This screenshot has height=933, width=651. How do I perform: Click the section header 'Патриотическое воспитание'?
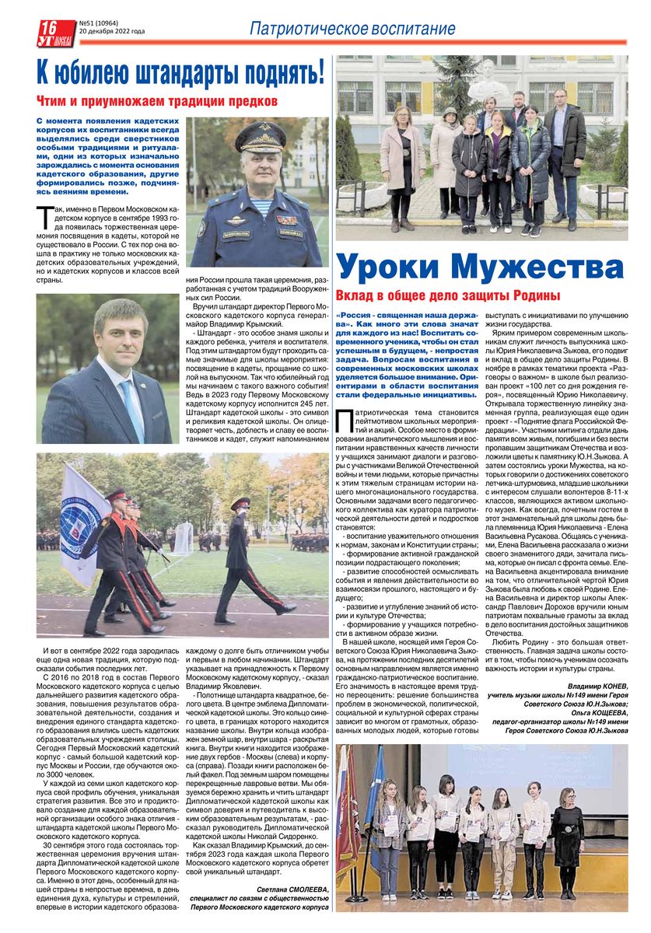352,29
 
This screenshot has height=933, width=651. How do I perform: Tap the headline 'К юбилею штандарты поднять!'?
180,74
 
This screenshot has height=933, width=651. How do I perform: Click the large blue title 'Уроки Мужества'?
481,267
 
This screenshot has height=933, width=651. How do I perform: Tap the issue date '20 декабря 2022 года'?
112,32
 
